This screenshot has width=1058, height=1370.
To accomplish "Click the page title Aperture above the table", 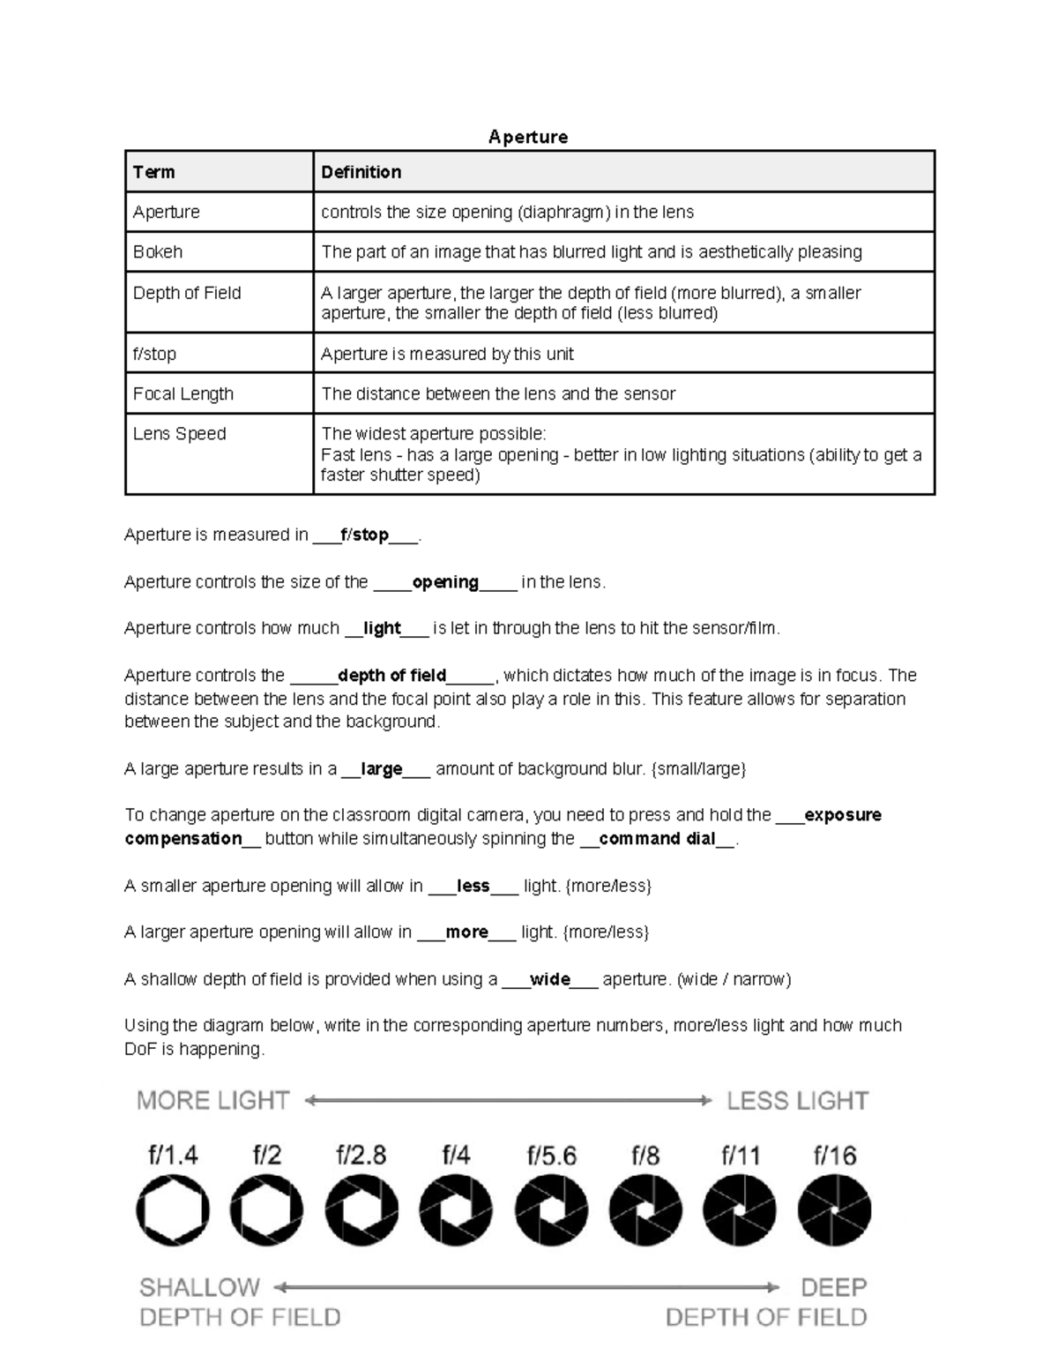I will click(x=528, y=137).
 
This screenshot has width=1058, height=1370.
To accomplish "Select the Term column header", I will click(x=153, y=172).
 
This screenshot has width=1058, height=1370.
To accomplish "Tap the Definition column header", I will click(x=361, y=172).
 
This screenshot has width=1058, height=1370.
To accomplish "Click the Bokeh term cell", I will click(x=158, y=252).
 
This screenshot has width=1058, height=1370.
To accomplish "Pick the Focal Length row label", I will click(x=183, y=394).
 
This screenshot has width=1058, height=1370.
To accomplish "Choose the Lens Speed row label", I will click(x=179, y=434).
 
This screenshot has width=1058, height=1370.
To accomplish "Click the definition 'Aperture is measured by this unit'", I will click(x=447, y=354).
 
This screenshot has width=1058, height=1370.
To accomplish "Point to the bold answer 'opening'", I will click(x=445, y=582).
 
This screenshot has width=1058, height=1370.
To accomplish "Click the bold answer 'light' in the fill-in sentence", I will click(x=382, y=629).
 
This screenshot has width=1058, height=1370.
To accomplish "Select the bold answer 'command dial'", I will click(x=657, y=839).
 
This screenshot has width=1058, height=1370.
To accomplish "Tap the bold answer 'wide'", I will click(x=549, y=979).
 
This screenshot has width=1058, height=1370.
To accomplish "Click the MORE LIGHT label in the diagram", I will click(x=213, y=1101).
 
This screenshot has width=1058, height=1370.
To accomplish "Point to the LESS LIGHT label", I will click(x=797, y=1101).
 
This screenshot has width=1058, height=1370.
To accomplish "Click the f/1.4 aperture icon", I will click(x=173, y=1210).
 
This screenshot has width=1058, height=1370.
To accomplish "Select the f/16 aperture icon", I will click(x=834, y=1210).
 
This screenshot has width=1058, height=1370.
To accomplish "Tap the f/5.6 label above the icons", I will click(x=552, y=1156).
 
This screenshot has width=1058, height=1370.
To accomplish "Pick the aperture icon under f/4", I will click(x=456, y=1210).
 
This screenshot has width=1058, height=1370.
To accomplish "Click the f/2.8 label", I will click(x=361, y=1156).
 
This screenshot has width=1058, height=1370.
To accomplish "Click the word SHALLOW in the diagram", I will click(x=200, y=1288).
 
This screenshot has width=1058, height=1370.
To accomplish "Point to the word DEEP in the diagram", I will click(x=833, y=1288).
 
